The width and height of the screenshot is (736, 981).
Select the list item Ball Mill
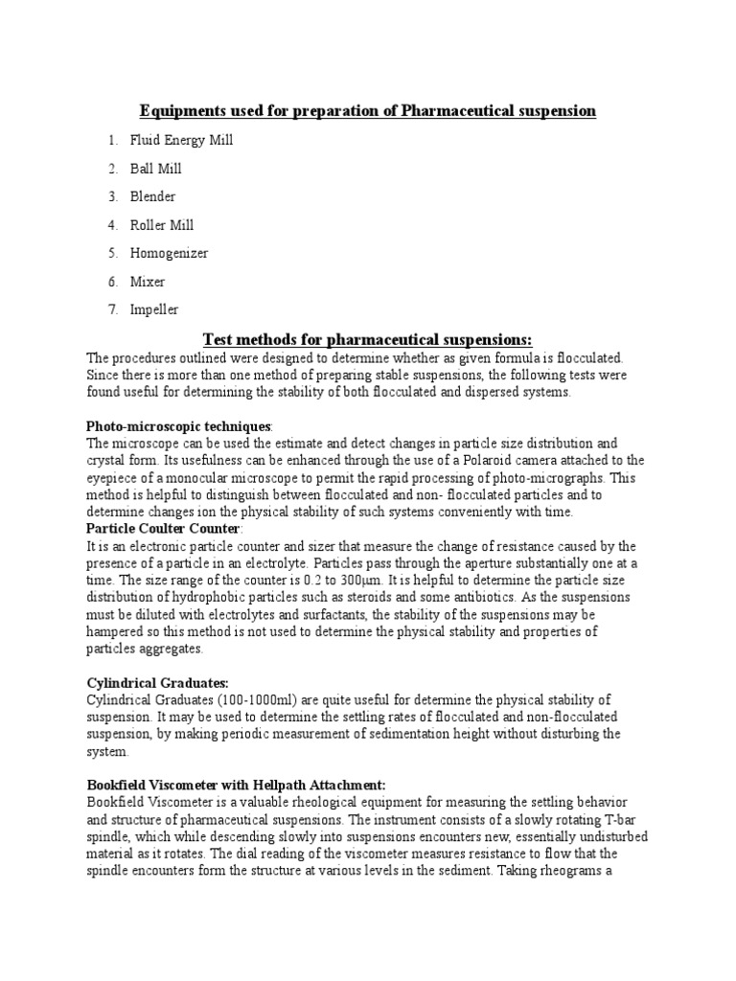click(157, 169)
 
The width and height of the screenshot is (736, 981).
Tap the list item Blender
click(154, 196)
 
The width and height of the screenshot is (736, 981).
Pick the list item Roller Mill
click(163, 225)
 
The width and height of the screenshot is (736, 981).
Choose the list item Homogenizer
click(170, 253)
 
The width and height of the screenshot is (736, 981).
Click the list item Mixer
click(149, 282)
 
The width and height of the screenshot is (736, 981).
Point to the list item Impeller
click(155, 309)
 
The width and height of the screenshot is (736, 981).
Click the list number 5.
click(112, 253)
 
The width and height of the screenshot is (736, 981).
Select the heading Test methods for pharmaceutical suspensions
click(368, 339)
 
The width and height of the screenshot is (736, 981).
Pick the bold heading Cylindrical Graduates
click(157, 682)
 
